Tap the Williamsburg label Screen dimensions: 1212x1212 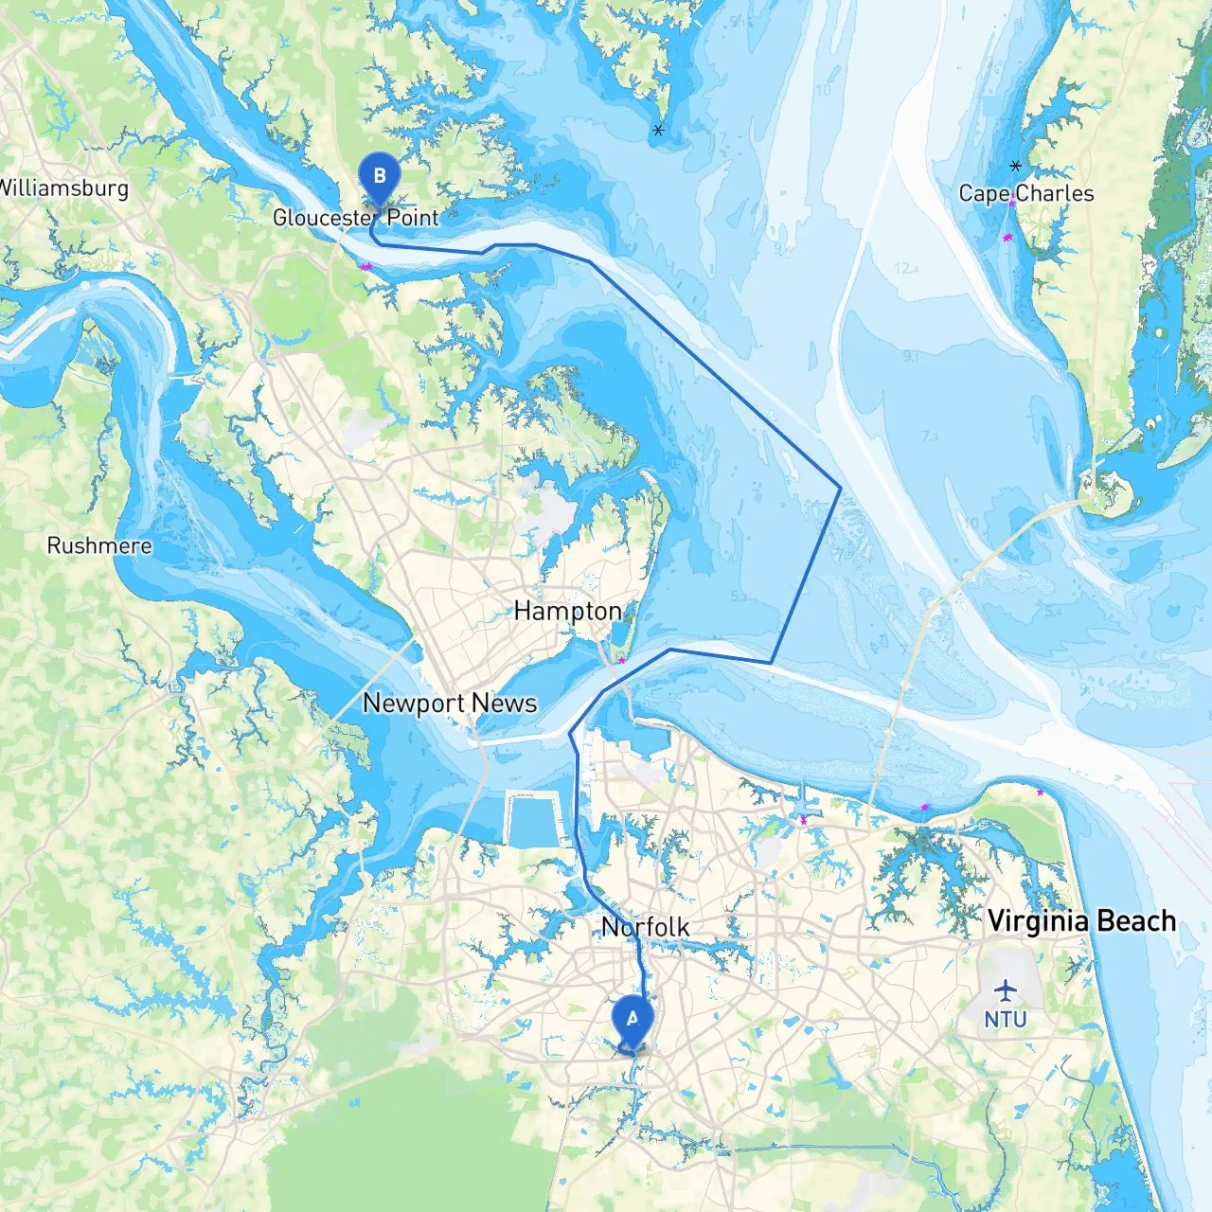pyautogui.click(x=62, y=187)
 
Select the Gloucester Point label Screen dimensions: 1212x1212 pyautogui.click(x=355, y=218)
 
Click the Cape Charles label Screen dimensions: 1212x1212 pyautogui.click(x=1026, y=193)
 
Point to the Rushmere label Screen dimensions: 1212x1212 pyautogui.click(x=99, y=545)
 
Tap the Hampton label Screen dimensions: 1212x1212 pyautogui.click(x=567, y=611)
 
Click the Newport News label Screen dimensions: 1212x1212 pyautogui.click(x=450, y=703)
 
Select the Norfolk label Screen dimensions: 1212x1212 pyautogui.click(x=646, y=927)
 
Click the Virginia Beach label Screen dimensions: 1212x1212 pyautogui.click(x=1081, y=920)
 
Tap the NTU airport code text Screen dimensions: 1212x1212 pyautogui.click(x=1005, y=1020)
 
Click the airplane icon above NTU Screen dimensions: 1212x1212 pyautogui.click(x=1005, y=991)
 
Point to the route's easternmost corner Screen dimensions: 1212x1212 pyautogui.click(x=840, y=488)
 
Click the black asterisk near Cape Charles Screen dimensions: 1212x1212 pyautogui.click(x=1015, y=166)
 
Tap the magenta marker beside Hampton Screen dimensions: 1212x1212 pyautogui.click(x=621, y=660)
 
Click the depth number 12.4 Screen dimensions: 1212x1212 pyautogui.click(x=905, y=269)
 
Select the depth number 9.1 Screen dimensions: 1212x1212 pyautogui.click(x=911, y=357)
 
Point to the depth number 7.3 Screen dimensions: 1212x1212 pyautogui.click(x=929, y=437)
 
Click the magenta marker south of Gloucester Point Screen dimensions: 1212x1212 pyautogui.click(x=365, y=267)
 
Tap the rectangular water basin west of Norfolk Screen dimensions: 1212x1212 pyautogui.click(x=535, y=820)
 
